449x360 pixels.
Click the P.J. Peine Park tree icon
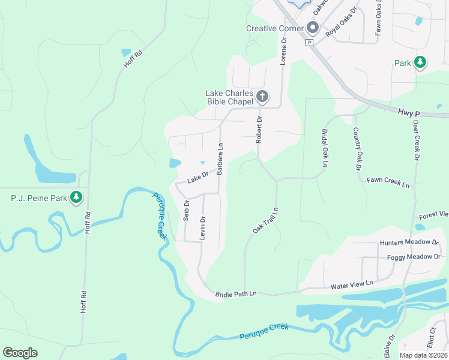tap(76, 197)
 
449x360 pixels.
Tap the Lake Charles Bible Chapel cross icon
tap(262, 96)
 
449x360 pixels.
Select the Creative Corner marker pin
tap(312, 28)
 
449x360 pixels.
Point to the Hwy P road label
tap(408, 112)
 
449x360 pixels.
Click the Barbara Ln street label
tap(220, 159)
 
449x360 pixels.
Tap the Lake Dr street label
tap(197, 178)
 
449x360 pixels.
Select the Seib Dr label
tap(186, 211)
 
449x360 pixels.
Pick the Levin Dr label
tap(203, 228)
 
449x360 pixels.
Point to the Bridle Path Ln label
tap(236, 293)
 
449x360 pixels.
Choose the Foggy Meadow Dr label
tap(414, 257)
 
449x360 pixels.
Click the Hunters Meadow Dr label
tap(409, 242)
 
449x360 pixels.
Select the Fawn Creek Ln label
tap(388, 182)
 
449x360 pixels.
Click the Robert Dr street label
tap(259, 130)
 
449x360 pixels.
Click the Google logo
tap(20, 353)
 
